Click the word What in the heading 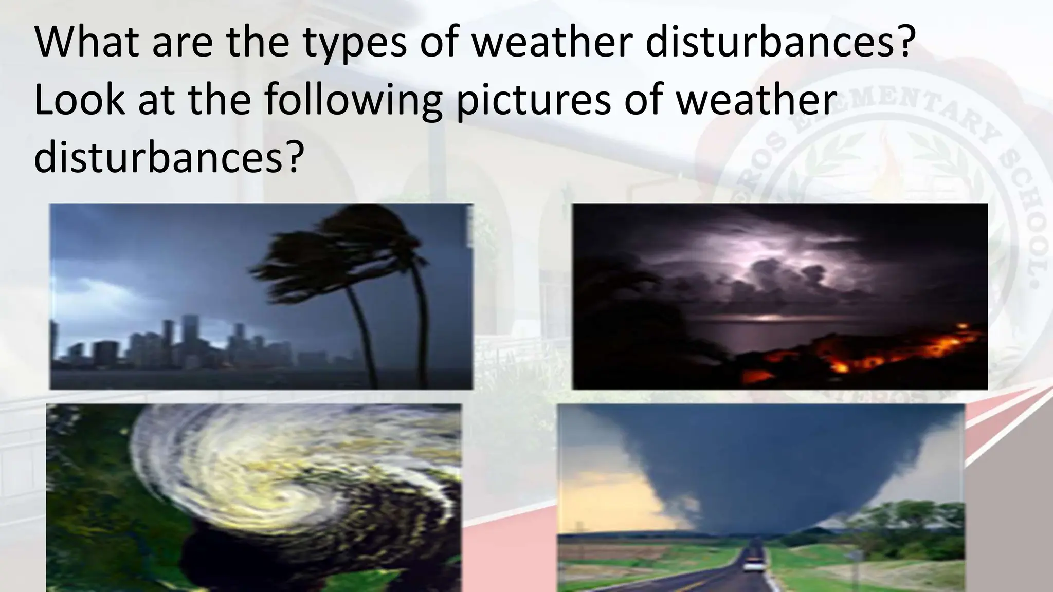[87, 42]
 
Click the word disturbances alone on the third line [166, 157]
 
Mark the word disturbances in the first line [780, 42]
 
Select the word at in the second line [155, 101]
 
